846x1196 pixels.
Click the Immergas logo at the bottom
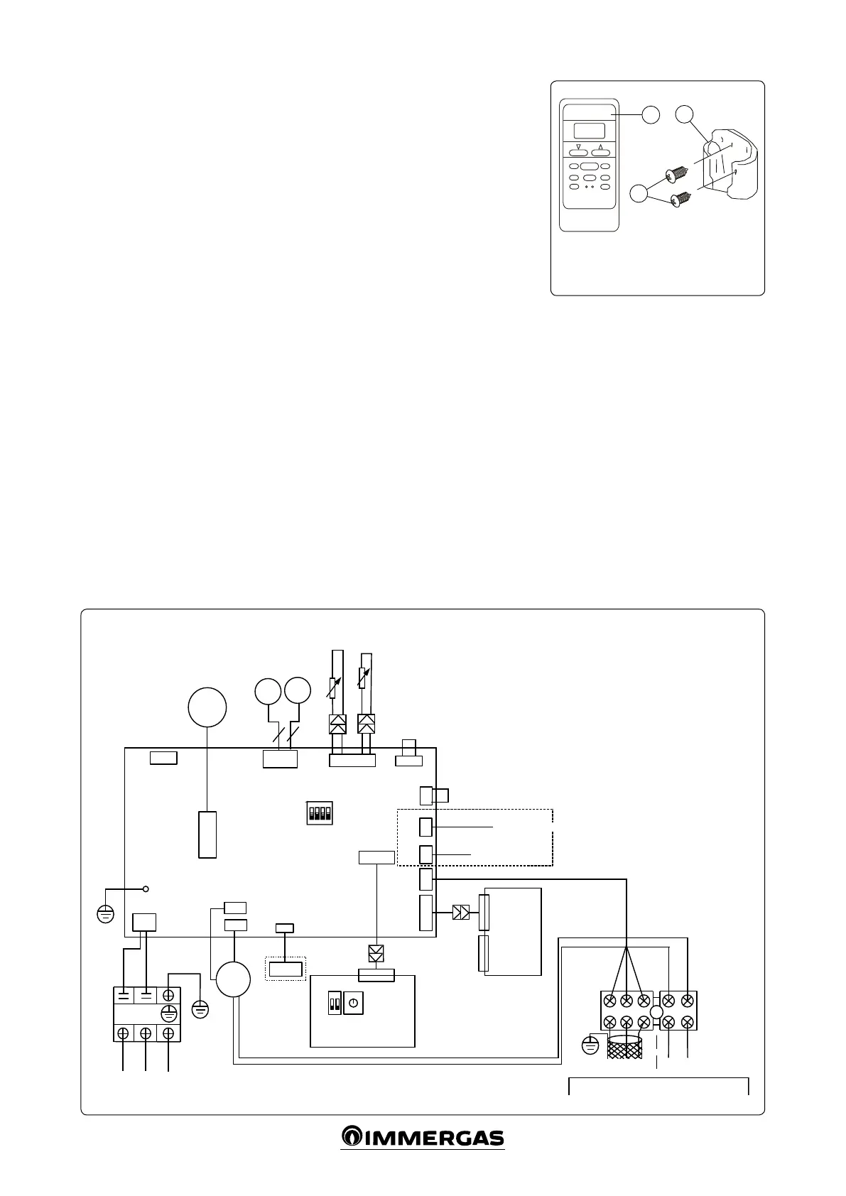tap(423, 1137)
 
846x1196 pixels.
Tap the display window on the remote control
tap(589, 131)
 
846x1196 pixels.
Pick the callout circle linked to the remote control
tap(650, 114)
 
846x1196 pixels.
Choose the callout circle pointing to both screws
tap(639, 192)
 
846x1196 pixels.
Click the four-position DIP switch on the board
tap(320, 812)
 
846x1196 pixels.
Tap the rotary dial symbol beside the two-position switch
tap(353, 1004)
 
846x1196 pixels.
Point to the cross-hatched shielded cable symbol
tap(625, 1048)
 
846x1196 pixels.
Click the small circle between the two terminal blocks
tap(656, 1012)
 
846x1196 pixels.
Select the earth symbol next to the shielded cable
tap(590, 1045)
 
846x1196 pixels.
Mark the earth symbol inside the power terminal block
tap(168, 1013)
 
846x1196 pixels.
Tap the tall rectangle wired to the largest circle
tap(207, 835)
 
